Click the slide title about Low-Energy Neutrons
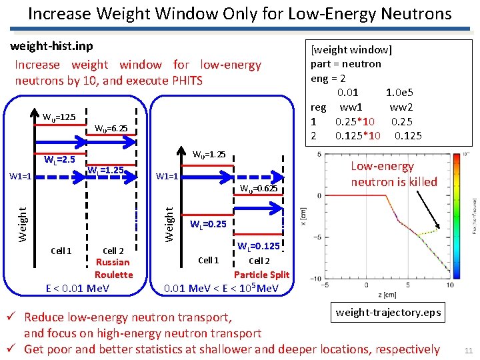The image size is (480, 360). pyautogui.click(x=240, y=13)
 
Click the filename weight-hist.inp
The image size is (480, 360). pyautogui.click(x=51, y=46)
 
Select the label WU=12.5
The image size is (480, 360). pyautogui.click(x=59, y=117)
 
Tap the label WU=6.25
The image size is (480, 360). pyautogui.click(x=111, y=128)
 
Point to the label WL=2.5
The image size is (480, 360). pyautogui.click(x=59, y=159)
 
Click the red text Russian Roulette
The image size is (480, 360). pyautogui.click(x=113, y=268)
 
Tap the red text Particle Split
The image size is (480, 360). pyautogui.click(x=261, y=274)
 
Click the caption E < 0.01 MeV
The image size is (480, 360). pyautogui.click(x=78, y=288)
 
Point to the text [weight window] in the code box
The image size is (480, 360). pyautogui.click(x=352, y=49)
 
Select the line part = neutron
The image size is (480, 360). pyautogui.click(x=346, y=64)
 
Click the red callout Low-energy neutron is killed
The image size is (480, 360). pyautogui.click(x=394, y=174)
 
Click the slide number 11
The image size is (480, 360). pyautogui.click(x=468, y=351)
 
